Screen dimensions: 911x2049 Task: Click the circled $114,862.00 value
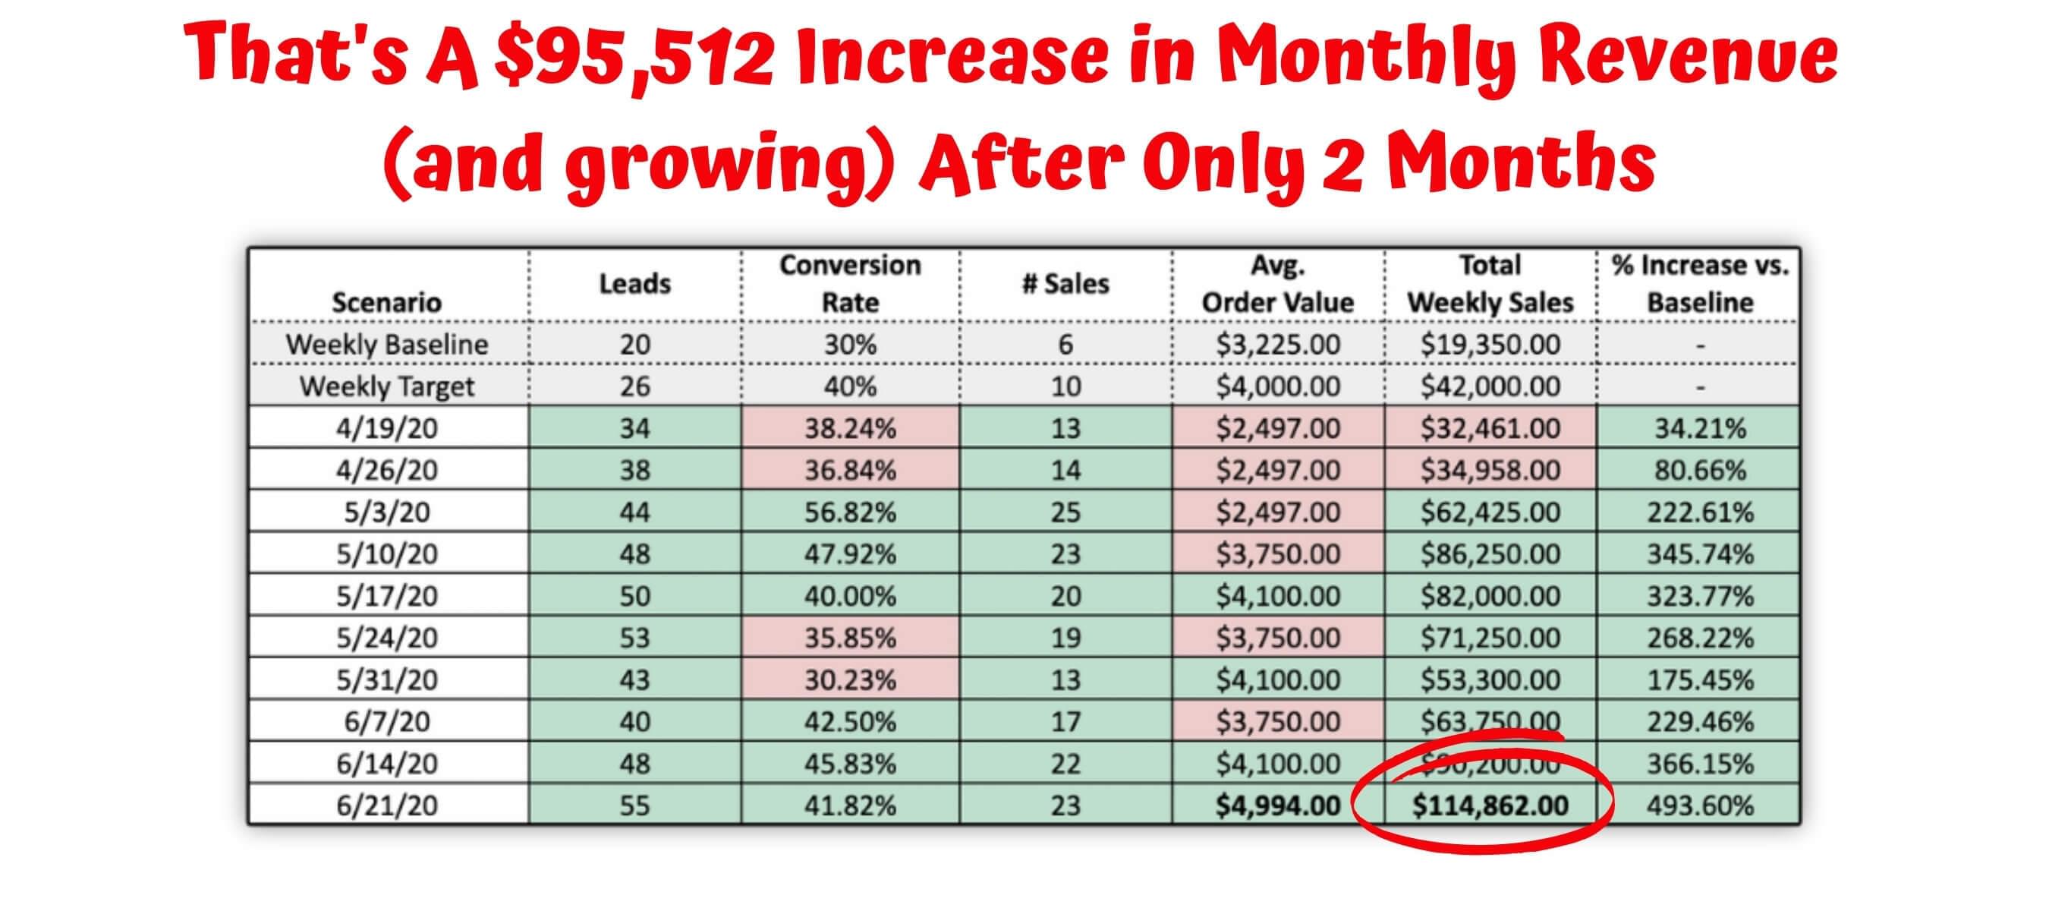coord(1490,805)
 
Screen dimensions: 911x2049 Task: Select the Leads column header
coord(634,283)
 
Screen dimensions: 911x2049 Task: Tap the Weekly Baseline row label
coord(386,345)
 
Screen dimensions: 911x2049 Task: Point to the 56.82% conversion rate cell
coord(849,512)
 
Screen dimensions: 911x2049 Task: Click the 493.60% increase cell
coord(1700,805)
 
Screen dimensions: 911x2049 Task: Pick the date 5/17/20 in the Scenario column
coord(386,596)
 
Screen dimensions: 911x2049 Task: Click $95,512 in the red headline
coord(633,57)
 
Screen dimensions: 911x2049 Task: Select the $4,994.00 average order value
coord(1277,805)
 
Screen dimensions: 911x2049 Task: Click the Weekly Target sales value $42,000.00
coord(1490,386)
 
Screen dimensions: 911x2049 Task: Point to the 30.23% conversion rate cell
coord(849,679)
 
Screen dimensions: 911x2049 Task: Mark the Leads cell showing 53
coord(634,637)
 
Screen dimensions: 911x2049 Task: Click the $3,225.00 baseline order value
coord(1277,345)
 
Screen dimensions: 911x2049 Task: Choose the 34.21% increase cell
coord(1700,428)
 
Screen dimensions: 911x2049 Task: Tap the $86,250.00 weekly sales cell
coord(1490,553)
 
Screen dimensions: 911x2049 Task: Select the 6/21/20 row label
coord(386,805)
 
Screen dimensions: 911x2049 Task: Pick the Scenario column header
coord(386,302)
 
